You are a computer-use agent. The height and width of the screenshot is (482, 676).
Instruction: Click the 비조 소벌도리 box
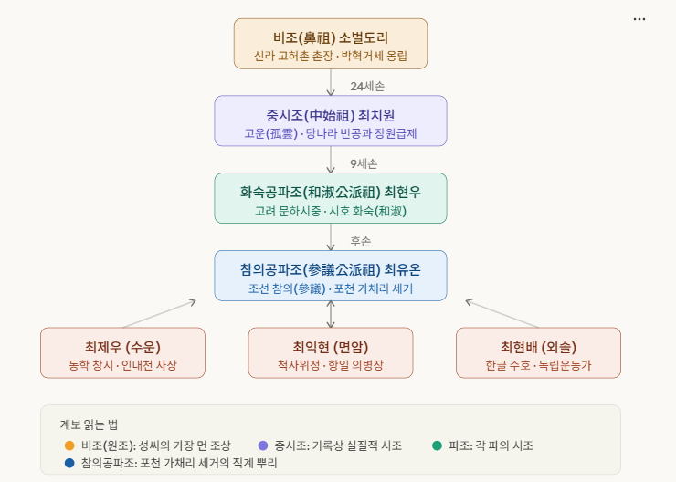pos(331,44)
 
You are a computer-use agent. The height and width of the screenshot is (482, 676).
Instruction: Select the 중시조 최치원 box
pos(331,120)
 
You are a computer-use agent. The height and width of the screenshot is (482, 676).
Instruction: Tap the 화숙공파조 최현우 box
pos(331,198)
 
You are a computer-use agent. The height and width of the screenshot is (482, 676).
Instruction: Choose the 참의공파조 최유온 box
pos(331,276)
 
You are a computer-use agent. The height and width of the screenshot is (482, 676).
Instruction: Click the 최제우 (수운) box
pos(122,352)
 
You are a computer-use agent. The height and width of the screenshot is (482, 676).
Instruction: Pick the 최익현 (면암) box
pos(331,352)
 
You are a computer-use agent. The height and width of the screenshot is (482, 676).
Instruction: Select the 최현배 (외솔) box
pos(538,352)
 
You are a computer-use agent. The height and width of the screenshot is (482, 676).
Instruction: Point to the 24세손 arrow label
pos(367,87)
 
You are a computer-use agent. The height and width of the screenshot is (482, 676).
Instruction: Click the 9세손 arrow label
pos(364,164)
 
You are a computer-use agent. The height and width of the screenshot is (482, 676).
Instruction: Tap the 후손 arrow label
pos(361,242)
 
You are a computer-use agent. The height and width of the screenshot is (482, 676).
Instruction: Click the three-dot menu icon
pos(639,19)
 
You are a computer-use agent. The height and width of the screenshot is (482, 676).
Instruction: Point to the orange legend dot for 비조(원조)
pos(69,445)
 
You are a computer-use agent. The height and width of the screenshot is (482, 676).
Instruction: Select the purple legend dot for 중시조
pos(263,445)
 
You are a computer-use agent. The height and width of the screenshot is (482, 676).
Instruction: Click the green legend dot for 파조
pos(438,445)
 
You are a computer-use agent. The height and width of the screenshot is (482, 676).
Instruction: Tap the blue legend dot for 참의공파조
pos(69,463)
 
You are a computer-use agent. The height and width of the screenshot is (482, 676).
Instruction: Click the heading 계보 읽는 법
pos(89,424)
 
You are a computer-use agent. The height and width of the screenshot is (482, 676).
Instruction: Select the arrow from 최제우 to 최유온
pos(159,313)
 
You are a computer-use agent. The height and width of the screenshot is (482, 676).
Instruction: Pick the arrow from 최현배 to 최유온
pos(502,313)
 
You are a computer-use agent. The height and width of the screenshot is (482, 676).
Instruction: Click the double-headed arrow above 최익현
pos(331,314)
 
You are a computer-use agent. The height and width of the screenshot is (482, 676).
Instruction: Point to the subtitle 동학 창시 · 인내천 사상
pos(122,365)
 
